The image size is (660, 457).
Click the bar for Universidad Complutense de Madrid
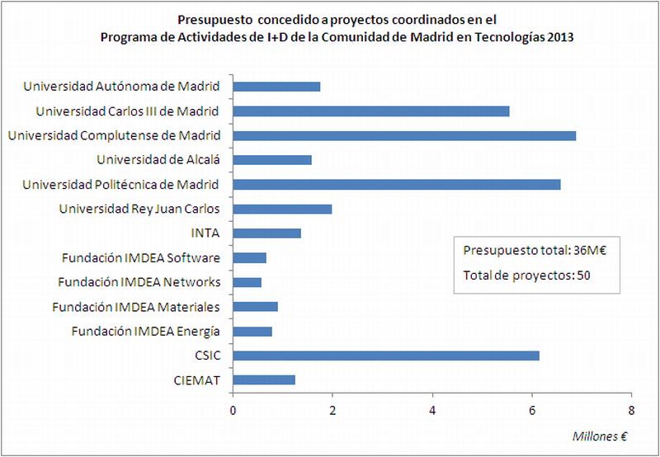[x=404, y=135]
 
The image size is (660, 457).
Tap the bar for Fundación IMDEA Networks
[x=247, y=282]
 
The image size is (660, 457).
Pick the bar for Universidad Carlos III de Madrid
[x=371, y=111]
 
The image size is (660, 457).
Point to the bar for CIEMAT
[x=264, y=380]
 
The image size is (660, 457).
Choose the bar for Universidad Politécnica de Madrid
[x=397, y=184]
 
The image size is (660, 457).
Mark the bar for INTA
[x=267, y=233]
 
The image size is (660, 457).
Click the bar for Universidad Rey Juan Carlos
[x=282, y=209]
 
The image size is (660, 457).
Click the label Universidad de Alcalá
[x=158, y=159]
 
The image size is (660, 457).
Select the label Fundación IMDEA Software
[x=141, y=258]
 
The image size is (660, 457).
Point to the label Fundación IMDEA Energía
[x=146, y=332]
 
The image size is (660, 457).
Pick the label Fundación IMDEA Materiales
[x=136, y=307]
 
